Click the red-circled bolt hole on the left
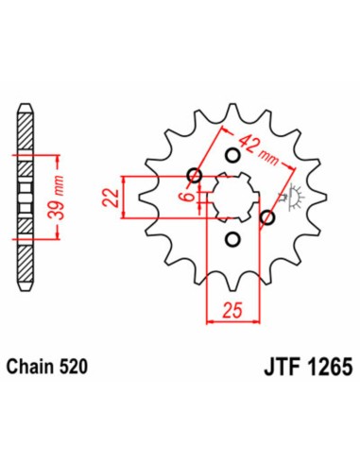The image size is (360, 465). point(196,174)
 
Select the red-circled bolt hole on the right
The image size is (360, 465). point(267,217)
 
